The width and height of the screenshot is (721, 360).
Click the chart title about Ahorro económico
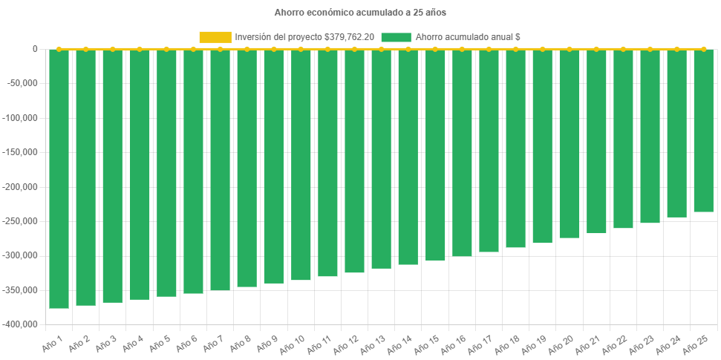360,13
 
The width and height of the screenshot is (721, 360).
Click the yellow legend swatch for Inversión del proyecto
215,37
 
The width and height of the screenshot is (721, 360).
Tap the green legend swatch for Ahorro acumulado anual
396,37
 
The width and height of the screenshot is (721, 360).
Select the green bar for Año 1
59,178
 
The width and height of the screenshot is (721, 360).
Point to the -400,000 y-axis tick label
22,324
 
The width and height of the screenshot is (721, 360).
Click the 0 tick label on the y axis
35,49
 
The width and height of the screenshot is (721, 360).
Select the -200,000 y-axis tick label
22,187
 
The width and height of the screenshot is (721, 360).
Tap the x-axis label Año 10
293,345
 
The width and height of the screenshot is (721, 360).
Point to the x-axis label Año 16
454,345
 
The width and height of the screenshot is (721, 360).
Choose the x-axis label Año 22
616,345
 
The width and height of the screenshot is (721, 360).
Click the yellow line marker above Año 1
59,49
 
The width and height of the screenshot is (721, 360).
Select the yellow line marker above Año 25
703,49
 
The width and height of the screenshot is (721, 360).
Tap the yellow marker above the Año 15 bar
434,49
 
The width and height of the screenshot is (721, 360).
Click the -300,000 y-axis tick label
22,255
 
